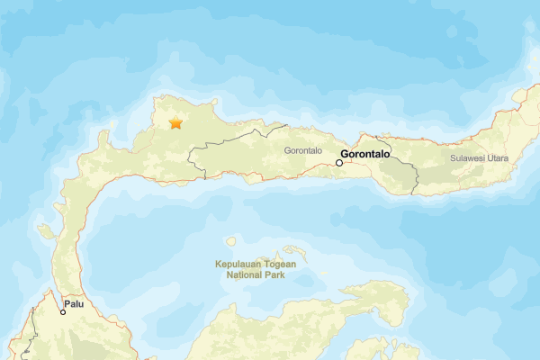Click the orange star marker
[x=175, y=122]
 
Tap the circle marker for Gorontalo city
[x=339, y=163]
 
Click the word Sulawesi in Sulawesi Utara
[x=472, y=158]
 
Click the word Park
[x=274, y=275]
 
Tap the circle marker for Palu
[x=63, y=312]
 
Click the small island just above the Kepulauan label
[x=230, y=241]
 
